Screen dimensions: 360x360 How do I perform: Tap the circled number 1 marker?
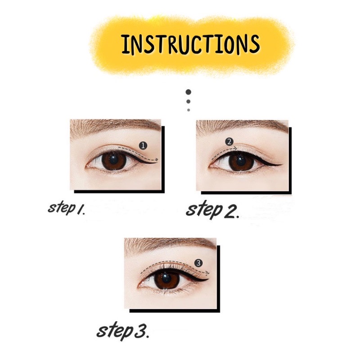tap(143, 145)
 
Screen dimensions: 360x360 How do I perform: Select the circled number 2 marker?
tap(229, 141)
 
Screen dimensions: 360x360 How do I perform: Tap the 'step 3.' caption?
tap(123, 331)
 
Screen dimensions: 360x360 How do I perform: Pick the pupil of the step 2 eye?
tap(240, 161)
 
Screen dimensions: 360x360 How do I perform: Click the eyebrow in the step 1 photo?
tap(112, 126)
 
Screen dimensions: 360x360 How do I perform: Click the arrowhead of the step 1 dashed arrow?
tap(157, 159)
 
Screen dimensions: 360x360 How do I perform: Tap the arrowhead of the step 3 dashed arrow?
tap(208, 273)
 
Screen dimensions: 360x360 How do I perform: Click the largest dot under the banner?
tap(189, 93)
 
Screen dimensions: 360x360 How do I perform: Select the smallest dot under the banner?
tap(189, 109)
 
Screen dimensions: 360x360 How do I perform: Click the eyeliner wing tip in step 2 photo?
tap(282, 162)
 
